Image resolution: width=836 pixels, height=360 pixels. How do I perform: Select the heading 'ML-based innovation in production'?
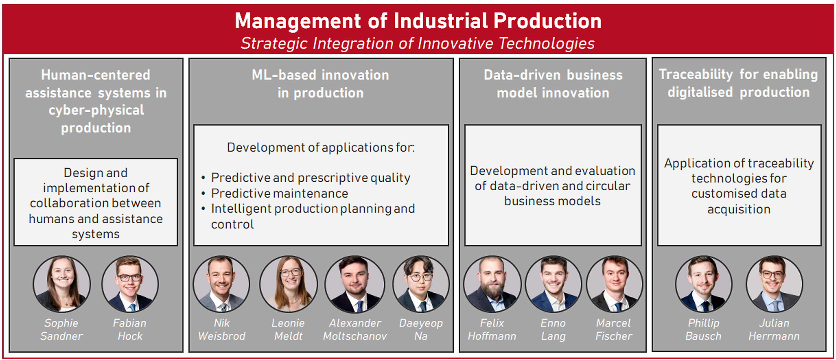point(321,84)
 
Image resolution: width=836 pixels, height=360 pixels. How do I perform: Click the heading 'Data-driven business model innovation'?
point(553,84)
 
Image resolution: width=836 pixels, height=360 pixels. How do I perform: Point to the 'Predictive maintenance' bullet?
point(279,193)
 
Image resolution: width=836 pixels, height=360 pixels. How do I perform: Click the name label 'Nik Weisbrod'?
point(222,329)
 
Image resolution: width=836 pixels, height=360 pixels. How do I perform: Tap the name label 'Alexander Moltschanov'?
point(355,329)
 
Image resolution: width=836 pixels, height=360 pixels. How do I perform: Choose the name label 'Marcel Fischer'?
point(614,329)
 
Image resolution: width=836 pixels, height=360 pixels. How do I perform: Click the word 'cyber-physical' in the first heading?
point(96,110)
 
